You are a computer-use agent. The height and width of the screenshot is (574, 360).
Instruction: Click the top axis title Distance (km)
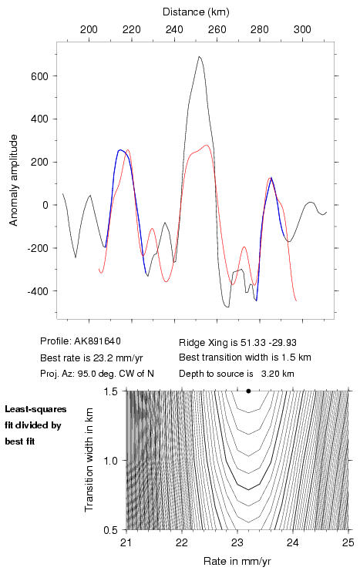click(196, 12)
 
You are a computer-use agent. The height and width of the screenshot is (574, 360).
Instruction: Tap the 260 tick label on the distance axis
click(217, 29)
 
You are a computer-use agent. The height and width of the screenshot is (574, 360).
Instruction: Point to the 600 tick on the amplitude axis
click(40, 76)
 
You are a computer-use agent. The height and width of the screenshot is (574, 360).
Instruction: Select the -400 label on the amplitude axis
click(38, 291)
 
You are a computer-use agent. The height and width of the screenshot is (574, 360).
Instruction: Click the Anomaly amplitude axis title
click(13, 180)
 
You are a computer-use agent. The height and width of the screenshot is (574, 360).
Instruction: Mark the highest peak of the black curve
click(199, 56)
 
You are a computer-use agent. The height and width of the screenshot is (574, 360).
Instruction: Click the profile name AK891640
click(97, 341)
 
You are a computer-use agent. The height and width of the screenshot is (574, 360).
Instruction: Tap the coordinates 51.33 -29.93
click(268, 343)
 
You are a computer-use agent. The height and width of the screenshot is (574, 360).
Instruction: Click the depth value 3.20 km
click(278, 374)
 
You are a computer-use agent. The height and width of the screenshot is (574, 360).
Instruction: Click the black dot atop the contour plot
click(248, 391)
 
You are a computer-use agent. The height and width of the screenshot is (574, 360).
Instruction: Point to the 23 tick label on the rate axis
click(237, 542)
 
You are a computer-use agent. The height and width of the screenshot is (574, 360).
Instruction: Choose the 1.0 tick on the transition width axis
click(110, 461)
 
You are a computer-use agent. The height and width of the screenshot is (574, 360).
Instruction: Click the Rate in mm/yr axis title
click(237, 561)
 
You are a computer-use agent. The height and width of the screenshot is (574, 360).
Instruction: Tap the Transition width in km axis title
click(89, 460)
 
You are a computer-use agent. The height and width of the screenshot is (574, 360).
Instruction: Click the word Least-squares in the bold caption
click(35, 409)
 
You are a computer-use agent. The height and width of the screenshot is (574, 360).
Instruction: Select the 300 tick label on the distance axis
click(302, 29)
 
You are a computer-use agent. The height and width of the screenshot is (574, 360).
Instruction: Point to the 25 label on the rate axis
click(348, 542)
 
